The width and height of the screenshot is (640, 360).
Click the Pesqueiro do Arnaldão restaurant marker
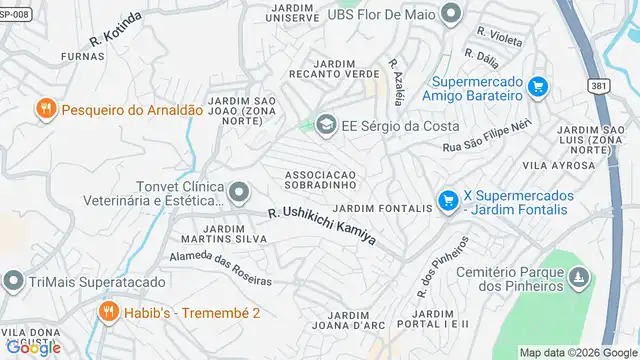point(45,110)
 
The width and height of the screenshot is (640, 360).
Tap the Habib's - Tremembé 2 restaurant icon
point(109,313)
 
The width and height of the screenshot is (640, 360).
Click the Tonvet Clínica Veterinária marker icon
point(238,191)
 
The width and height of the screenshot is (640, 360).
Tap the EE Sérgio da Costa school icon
point(324,126)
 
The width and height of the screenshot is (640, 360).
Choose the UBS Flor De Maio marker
point(451,13)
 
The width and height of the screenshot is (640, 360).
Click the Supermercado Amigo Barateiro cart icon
point(538,86)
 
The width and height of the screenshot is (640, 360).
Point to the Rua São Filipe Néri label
point(486,138)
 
